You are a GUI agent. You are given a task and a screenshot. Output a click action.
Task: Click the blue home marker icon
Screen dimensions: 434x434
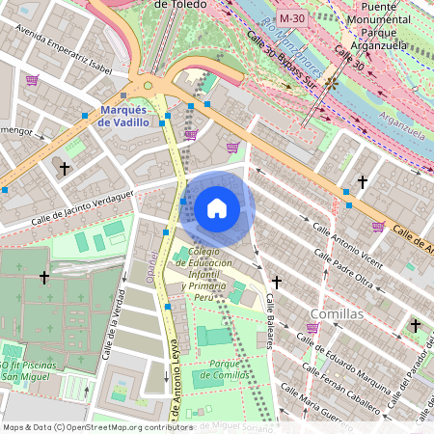click(x=217, y=208)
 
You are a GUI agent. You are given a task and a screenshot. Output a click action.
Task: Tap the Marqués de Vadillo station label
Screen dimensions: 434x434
click(x=124, y=116)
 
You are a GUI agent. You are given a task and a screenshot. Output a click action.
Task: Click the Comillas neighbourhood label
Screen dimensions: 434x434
click(x=337, y=314)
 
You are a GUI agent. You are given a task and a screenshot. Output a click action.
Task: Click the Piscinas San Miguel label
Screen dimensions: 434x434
click(x=34, y=371)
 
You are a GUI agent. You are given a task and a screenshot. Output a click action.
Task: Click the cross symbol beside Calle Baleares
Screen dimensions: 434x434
click(x=277, y=282)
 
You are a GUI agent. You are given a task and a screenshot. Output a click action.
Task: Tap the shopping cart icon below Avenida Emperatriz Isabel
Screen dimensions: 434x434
click(x=33, y=80)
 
